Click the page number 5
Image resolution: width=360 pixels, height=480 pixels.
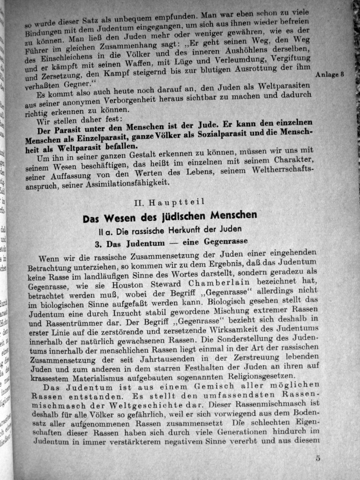point(318,458)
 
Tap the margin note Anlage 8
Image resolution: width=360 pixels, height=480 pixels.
point(330,75)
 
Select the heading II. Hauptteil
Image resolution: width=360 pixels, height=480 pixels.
point(169,203)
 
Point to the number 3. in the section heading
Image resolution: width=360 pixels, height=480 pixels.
point(98,244)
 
